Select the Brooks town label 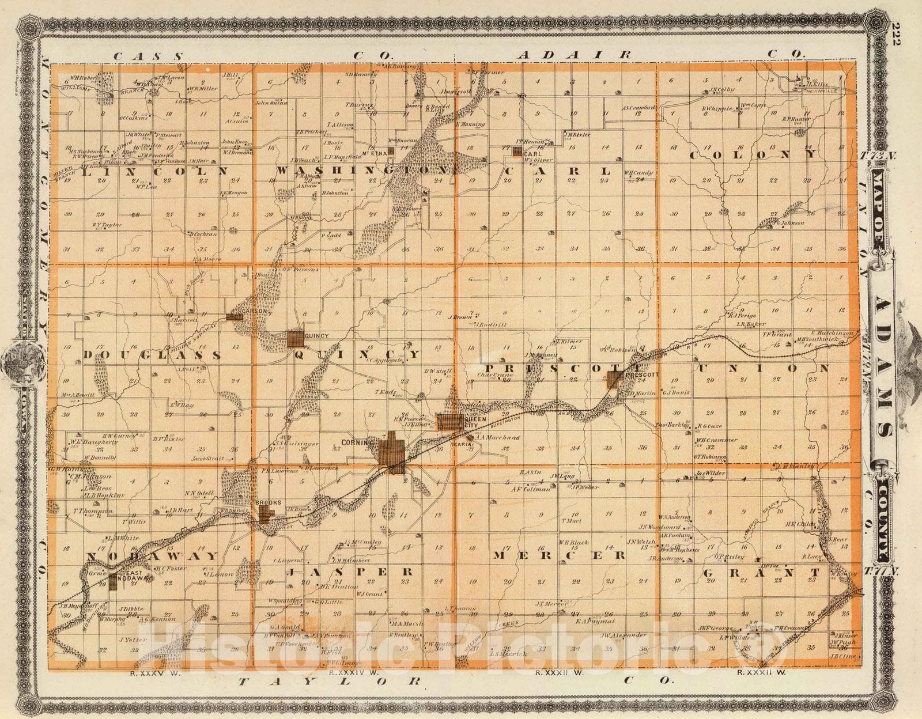(268, 502)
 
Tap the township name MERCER (558, 555)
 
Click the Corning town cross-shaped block (392, 453)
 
